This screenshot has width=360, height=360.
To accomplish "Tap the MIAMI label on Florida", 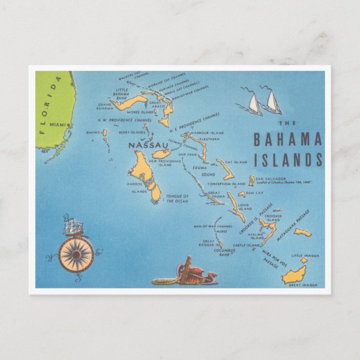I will [x=56, y=124].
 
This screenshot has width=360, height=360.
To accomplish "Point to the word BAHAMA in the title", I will [x=287, y=139].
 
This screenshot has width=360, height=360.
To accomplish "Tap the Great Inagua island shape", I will [x=295, y=274].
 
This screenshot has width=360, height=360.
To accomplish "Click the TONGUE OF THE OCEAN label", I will [x=178, y=198].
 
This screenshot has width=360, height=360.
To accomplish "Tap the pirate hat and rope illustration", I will [x=184, y=272].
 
